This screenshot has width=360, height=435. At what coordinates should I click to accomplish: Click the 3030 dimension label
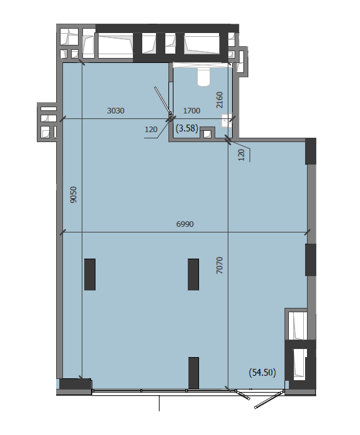point(115,111)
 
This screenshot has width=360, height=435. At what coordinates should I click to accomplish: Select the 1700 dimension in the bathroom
point(192,111)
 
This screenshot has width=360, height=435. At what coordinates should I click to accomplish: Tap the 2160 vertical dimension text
point(220,100)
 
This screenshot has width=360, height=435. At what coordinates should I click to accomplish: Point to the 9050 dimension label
point(74,194)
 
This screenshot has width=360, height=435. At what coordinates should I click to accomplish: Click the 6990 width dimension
point(185,224)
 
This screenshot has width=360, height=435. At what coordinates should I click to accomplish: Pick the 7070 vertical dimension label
point(220,265)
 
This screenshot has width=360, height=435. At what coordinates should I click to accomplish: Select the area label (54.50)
point(263,372)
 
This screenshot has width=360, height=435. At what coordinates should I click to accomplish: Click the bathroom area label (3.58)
point(187,128)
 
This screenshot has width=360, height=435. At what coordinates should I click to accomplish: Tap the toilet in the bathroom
point(203,76)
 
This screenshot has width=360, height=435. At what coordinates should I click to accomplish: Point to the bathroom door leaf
point(162,100)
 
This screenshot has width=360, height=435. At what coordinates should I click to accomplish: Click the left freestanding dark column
point(90,274)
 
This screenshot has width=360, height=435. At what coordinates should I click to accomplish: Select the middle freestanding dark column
point(193,274)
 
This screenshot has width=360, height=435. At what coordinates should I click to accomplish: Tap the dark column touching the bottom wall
point(193,373)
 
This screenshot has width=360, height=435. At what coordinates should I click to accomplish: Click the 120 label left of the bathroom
point(151,130)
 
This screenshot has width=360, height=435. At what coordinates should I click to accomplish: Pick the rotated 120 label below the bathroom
point(241,155)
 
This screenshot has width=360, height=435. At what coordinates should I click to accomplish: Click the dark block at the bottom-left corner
point(75,384)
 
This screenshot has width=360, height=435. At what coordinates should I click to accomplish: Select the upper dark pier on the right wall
point(311,151)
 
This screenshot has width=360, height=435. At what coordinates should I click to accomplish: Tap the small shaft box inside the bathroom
point(207,133)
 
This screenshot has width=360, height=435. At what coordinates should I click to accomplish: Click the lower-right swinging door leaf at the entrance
point(269,399)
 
